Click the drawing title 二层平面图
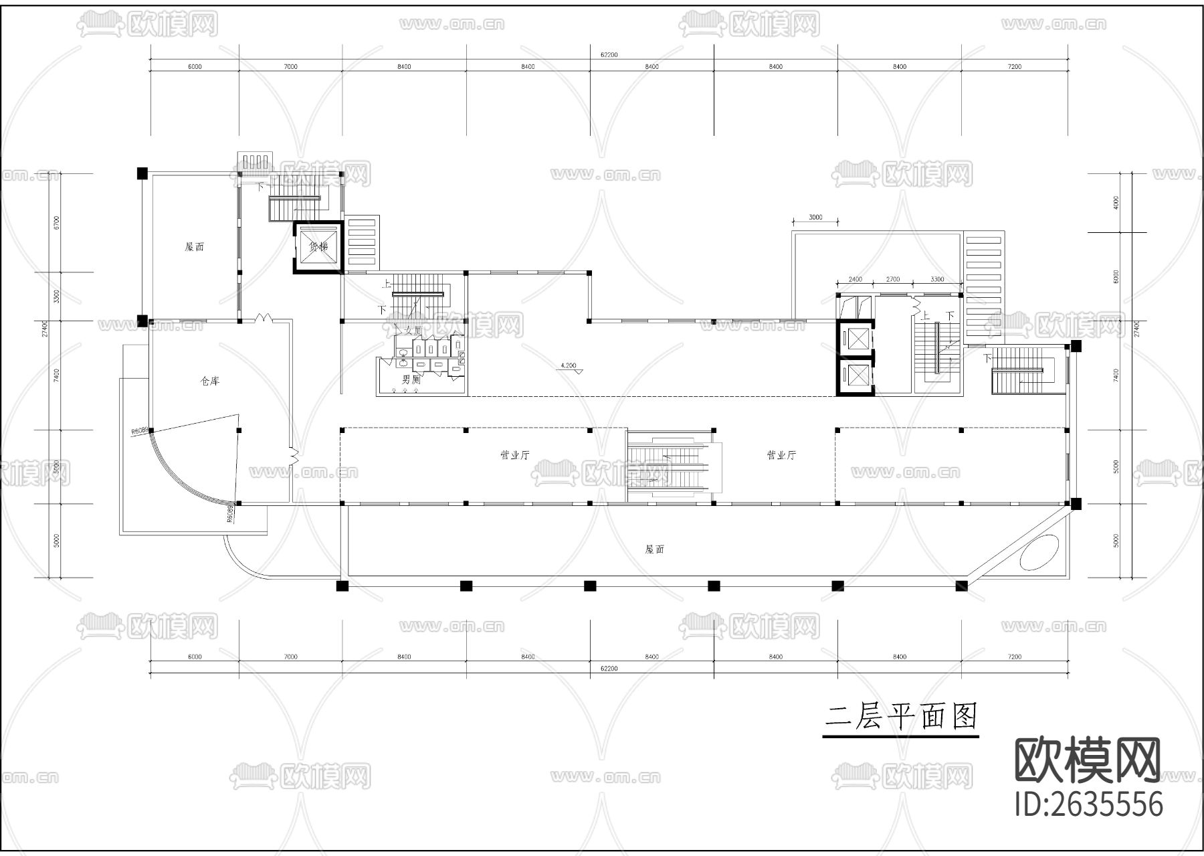pos(900,717)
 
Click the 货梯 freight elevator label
pos(318,246)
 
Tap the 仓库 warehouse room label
pos(210,381)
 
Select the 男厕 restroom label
pos(411,379)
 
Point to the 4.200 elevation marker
pos(568,365)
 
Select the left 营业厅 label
pos(515,455)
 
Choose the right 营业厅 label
pos(781,455)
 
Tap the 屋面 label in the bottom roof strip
pos(654,549)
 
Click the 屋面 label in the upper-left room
pos(194,246)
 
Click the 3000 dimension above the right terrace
pos(815,218)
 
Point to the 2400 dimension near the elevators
pos(855,279)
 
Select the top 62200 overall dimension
pos(609,55)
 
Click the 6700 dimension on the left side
pos(57,222)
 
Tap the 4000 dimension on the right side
pos(1116,202)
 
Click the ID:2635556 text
pos(1089,804)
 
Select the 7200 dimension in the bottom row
pos(1014,657)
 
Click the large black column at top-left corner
pos(142,173)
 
